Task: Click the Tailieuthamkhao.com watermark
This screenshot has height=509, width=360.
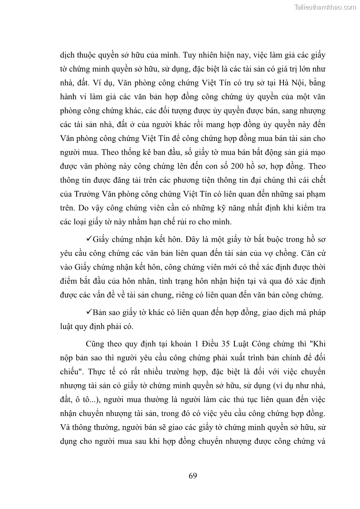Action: pyautogui.click(x=326, y=7)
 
